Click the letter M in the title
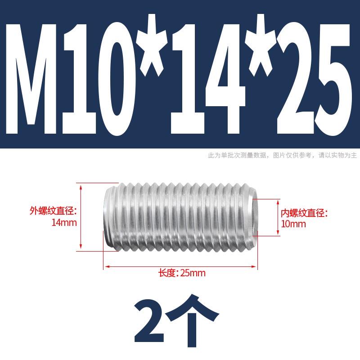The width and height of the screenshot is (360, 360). pyautogui.click(x=31, y=78)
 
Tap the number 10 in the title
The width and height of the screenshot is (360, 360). pyautogui.click(x=99, y=78)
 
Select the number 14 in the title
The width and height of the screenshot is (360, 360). pyautogui.click(x=208, y=78)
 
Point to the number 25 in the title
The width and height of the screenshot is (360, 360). pyautogui.click(x=314, y=78)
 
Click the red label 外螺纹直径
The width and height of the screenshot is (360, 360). pyautogui.click(x=53, y=211)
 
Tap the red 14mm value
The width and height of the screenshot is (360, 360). pyautogui.click(x=64, y=223)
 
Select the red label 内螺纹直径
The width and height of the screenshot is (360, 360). pyautogui.click(x=304, y=213)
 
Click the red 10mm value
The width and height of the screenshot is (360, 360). pyautogui.click(x=293, y=224)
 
